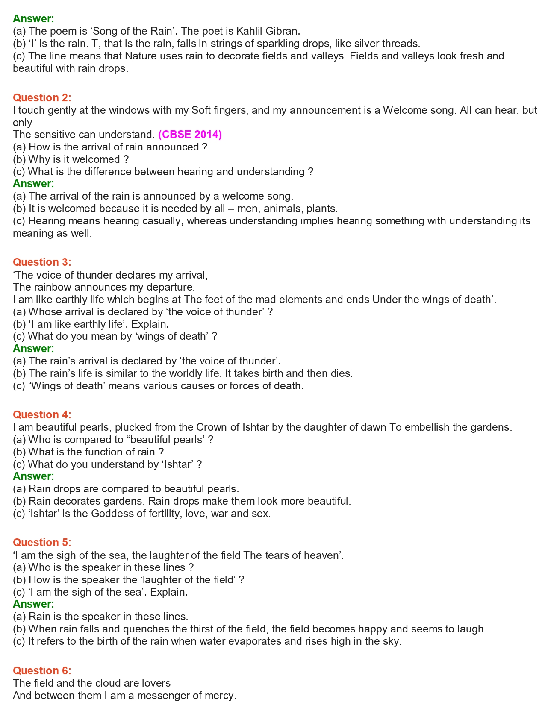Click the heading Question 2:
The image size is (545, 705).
coord(42,98)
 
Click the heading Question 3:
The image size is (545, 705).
coord(42,262)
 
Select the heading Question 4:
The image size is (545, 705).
coord(42,414)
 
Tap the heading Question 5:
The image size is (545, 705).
coord(42,542)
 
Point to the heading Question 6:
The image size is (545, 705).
coord(42,670)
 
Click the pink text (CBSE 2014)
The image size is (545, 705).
coord(190,135)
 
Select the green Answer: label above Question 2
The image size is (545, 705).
coord(33,19)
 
